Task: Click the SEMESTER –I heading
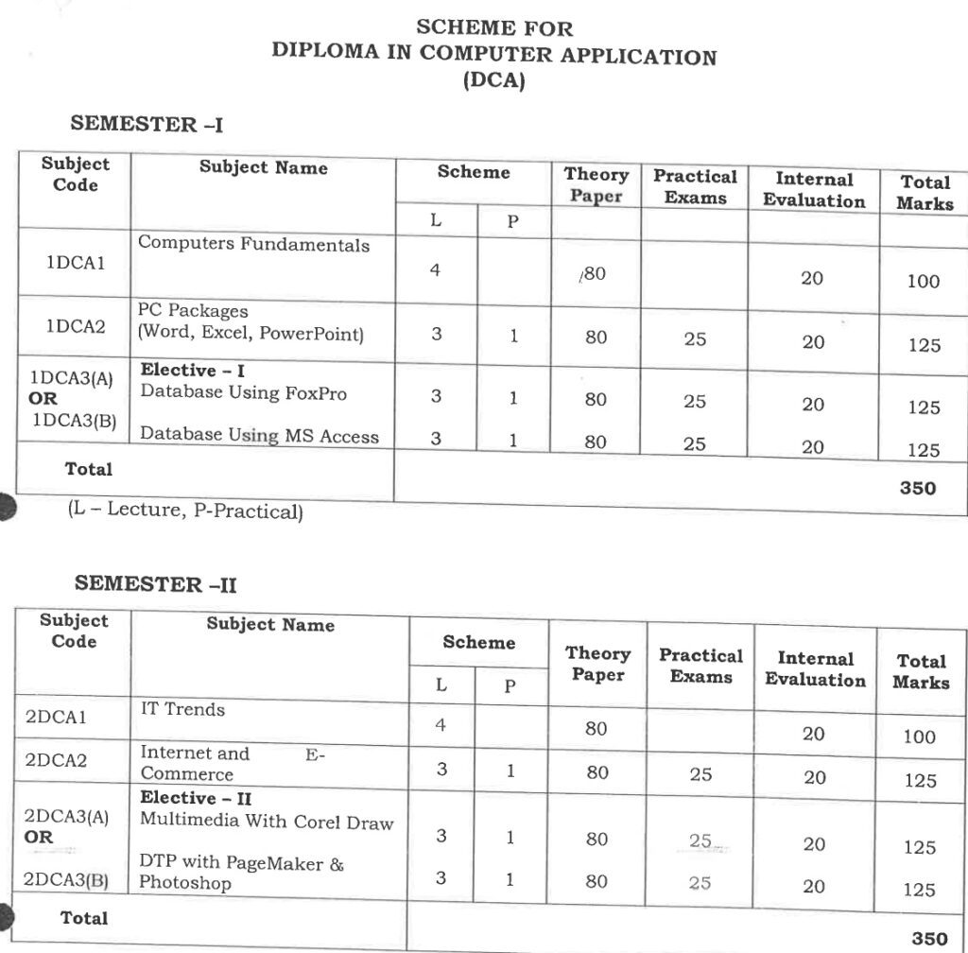147,124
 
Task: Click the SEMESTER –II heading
155,583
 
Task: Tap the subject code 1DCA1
75,264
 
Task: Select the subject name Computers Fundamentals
253,244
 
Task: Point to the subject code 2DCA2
56,759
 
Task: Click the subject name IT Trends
182,709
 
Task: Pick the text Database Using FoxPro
243,393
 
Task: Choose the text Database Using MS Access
259,436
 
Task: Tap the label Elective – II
196,799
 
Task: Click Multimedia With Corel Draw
266,821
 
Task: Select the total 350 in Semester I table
918,488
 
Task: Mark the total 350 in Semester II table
928,938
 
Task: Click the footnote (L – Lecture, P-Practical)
184,511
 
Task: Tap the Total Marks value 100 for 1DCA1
923,281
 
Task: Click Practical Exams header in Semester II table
700,666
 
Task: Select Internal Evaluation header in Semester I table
813,190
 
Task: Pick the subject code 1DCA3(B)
74,421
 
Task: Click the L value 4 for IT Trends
440,726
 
